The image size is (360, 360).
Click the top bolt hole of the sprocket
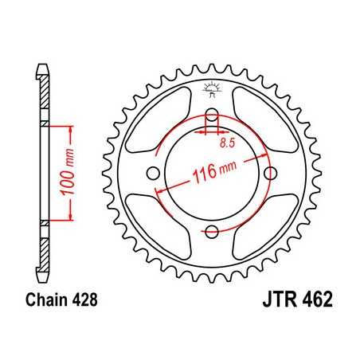tap(212, 113)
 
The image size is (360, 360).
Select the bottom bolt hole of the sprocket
tap(212, 232)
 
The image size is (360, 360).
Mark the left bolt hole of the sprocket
tap(153, 173)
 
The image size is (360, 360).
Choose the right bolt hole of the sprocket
tap(271, 173)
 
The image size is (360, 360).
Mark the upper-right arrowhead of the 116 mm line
tap(262, 154)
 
